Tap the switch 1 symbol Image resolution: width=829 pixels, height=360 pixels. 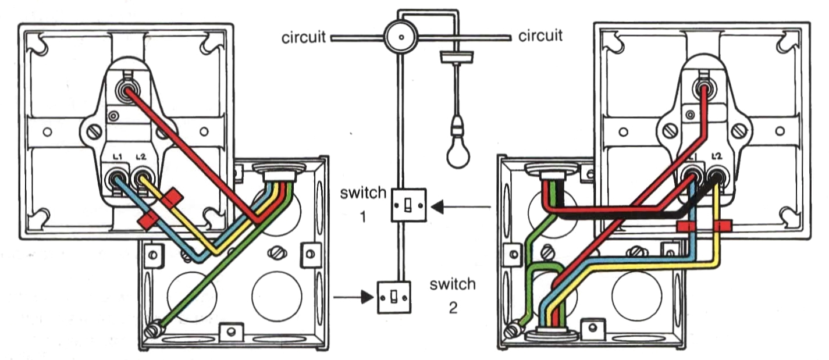410,205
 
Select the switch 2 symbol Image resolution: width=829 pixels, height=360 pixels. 394,297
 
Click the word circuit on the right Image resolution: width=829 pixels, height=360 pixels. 540,37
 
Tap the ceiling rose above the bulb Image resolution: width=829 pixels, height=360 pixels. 457,56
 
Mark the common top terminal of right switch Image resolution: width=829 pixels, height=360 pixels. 703,89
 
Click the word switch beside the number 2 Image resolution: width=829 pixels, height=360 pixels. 453,284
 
